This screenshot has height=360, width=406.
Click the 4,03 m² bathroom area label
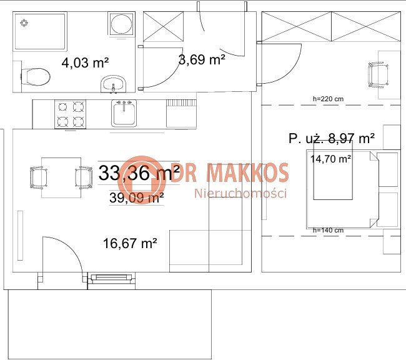[85, 62]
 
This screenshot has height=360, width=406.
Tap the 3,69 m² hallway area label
[202, 59]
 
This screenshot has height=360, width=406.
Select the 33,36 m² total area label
[139, 173]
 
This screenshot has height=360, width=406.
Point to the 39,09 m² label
[136, 197]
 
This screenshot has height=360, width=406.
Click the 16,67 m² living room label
[130, 243]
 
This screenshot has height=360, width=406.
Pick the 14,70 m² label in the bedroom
[330, 159]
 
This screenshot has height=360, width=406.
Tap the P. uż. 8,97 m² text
[332, 138]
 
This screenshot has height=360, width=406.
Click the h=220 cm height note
[328, 99]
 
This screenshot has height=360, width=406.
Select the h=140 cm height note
[328, 230]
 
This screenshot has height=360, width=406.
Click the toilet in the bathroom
[35, 77]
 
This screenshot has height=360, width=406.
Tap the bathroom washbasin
[114, 84]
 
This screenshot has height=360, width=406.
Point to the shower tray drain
[24, 23]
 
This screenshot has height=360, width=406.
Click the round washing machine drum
[121, 24]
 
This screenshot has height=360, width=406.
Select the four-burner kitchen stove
[70, 114]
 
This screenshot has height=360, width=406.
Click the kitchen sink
[124, 113]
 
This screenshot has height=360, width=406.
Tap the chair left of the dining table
[38, 177]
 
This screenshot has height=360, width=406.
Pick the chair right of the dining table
[84, 177]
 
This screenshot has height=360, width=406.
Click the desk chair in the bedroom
[379, 75]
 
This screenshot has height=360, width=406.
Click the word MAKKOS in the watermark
[247, 172]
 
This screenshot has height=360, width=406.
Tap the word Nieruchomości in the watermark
[240, 193]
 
